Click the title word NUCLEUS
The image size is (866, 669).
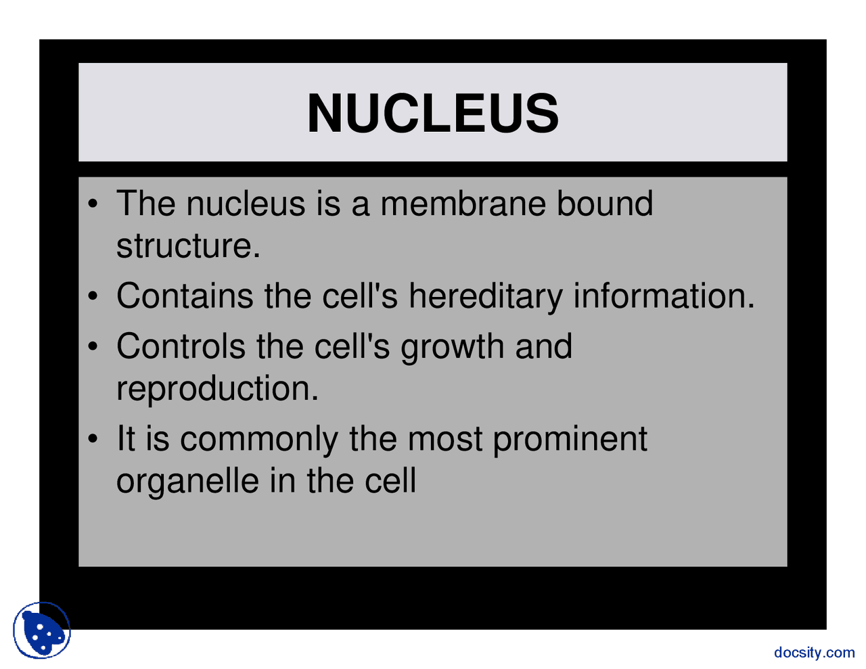pyautogui.click(x=433, y=113)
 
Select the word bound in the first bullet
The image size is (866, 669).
pyautogui.click(x=605, y=204)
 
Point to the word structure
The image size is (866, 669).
pyautogui.click(x=188, y=246)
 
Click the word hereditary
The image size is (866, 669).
pyautogui.click(x=485, y=296)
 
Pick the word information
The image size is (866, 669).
pyautogui.click(x=664, y=296)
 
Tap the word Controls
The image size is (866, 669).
pyautogui.click(x=181, y=346)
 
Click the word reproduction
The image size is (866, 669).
pyautogui.click(x=217, y=389)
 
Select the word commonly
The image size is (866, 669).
pyautogui.click(x=258, y=440)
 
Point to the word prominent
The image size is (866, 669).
pyautogui.click(x=570, y=440)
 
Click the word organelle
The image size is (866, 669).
pyautogui.click(x=187, y=481)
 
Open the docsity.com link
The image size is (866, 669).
pyautogui.click(x=814, y=653)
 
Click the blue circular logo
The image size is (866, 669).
pyautogui.click(x=42, y=630)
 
